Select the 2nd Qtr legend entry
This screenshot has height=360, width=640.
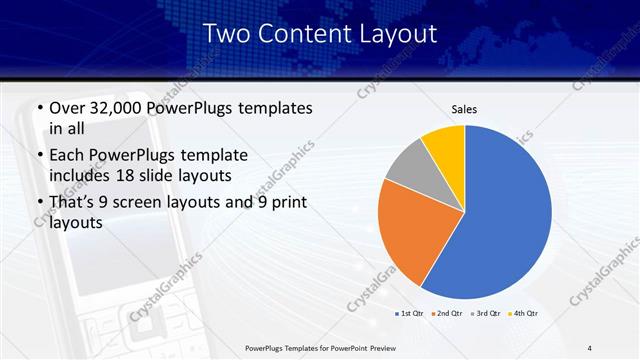(447, 313)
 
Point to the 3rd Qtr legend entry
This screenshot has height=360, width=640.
(484, 313)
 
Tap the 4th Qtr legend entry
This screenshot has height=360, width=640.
(521, 313)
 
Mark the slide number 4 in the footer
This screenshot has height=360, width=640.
(590, 347)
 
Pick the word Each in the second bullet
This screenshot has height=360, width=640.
(68, 155)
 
